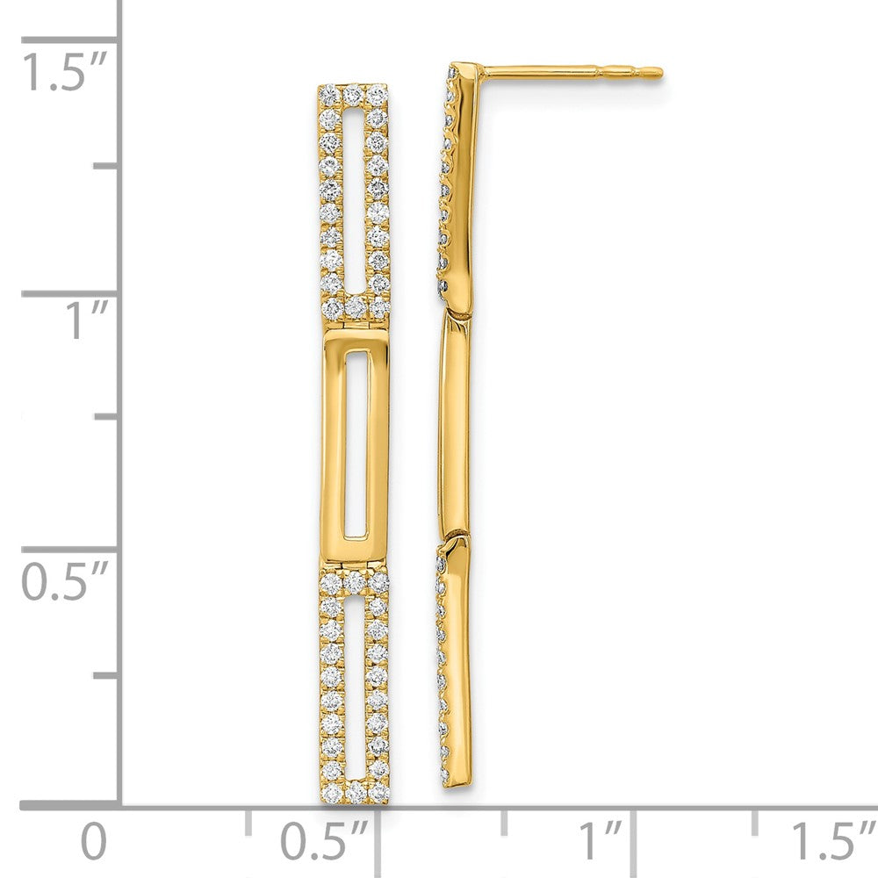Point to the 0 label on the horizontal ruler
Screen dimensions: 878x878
93,841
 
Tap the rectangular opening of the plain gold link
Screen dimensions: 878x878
356,443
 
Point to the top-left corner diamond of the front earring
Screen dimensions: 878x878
327,93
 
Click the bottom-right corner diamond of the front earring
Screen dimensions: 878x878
379,793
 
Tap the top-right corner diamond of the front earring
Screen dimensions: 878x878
378,93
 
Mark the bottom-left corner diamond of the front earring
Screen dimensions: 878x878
330,793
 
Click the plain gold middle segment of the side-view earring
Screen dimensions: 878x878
455,426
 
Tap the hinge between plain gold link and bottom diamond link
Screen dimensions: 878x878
355,565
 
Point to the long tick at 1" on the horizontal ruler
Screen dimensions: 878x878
635,830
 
